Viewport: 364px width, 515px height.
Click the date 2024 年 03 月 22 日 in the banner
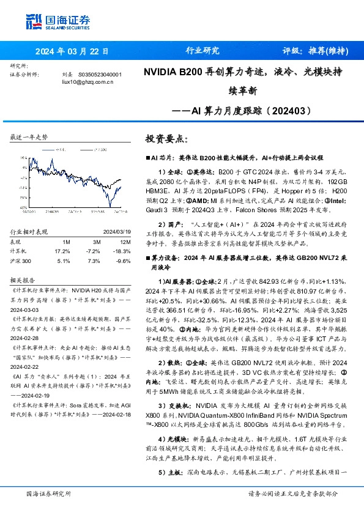pos(72,51)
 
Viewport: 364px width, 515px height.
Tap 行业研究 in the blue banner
pos(202,51)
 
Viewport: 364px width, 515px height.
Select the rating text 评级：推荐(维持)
pos(316,51)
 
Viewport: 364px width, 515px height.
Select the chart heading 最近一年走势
pos(29,137)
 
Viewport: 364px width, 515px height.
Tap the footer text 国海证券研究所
pos(46,493)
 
